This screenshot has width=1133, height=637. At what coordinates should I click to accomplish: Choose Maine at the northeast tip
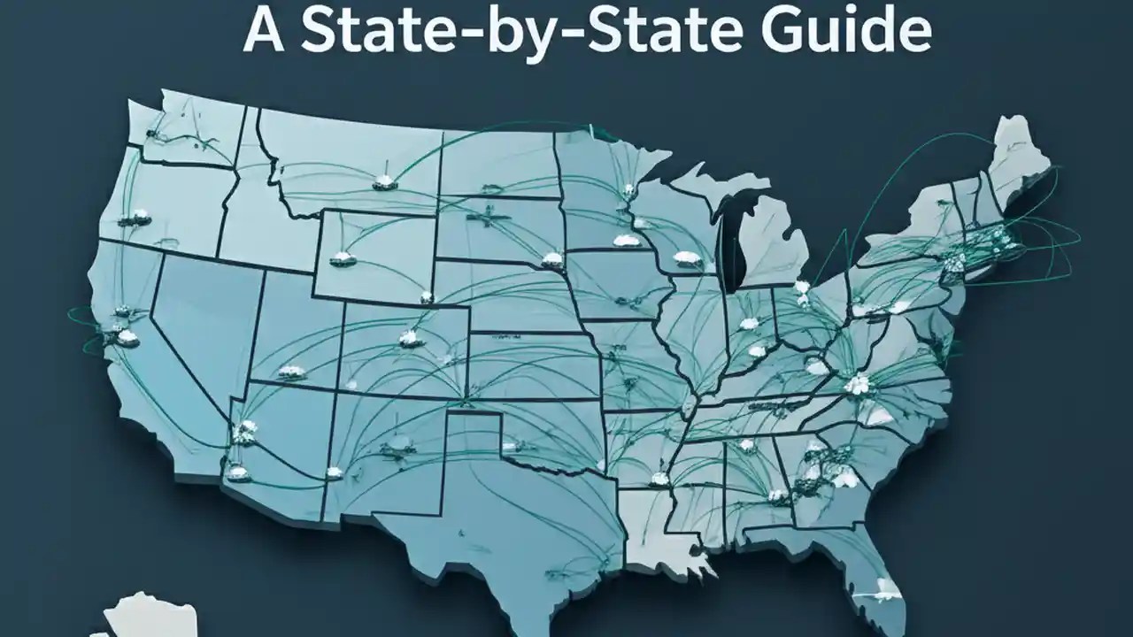[1018, 159]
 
